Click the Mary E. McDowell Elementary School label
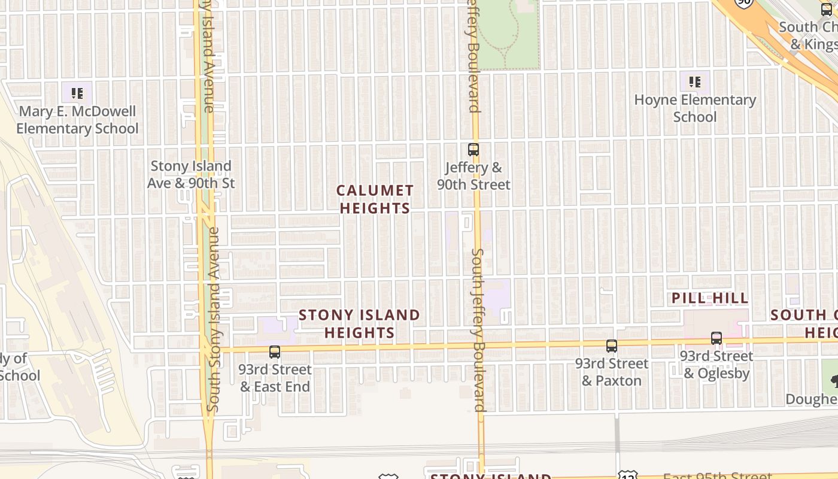click(77, 120)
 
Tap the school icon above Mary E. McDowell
click(77, 93)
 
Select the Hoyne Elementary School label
click(695, 108)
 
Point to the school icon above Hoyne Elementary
click(694, 81)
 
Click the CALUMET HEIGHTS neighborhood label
click(375, 199)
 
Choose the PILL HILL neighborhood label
click(710, 298)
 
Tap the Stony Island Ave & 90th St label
click(191, 174)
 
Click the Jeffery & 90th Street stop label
click(473, 176)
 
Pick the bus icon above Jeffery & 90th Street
click(473, 150)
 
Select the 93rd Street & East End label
click(275, 378)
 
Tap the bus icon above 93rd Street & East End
click(275, 352)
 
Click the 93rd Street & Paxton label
click(612, 372)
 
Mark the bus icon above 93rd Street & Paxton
click(611, 346)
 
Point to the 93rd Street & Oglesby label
click(716, 365)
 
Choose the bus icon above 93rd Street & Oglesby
click(716, 338)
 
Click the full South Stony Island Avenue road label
click(214, 319)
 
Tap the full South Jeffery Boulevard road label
click(478, 331)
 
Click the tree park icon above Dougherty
click(833, 380)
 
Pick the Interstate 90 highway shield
click(744, 3)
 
